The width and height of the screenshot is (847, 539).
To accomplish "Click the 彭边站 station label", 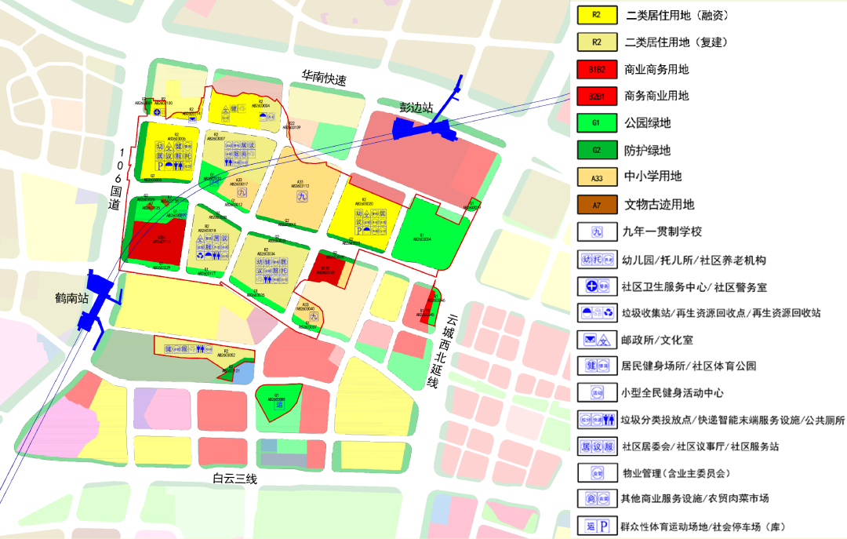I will tap(416, 107).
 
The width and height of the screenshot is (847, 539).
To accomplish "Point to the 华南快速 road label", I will tap(325, 79).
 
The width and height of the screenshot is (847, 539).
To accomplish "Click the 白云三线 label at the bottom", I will tap(235, 479).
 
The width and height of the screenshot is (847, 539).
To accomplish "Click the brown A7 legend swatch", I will tap(596, 205).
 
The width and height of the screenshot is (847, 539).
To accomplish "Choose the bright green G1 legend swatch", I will tap(596, 123).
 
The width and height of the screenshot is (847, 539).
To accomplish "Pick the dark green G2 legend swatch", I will tap(596, 150).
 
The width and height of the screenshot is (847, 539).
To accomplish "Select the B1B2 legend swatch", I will tap(596, 69).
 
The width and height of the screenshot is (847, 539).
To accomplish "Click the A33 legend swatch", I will tap(596, 177).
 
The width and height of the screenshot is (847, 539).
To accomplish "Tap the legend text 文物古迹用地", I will tap(659, 205).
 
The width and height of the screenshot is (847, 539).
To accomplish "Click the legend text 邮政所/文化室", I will tap(657, 340).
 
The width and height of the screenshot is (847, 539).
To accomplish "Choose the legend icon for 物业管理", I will tap(596, 473).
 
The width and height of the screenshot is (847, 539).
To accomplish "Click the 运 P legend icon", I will tap(596, 526).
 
